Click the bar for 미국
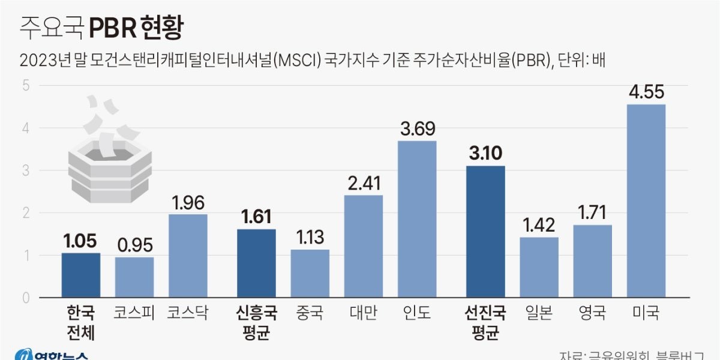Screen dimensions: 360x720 646,201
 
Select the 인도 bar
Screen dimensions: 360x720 417,219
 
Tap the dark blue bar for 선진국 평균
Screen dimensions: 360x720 486,232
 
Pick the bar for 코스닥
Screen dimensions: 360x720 188,256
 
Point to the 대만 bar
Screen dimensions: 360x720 364,246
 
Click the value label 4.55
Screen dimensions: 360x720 646,94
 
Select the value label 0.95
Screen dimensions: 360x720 134,245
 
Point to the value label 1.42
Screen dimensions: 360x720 539,226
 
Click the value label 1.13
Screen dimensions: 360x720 310,238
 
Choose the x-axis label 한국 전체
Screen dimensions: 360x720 81,323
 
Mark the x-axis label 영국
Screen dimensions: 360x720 592,313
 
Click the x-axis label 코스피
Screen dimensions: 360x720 134,313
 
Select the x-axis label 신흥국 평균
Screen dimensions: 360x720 257,323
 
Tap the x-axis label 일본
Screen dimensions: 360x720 539,313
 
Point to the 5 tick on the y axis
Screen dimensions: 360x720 26,85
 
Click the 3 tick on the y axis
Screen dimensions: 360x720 26,170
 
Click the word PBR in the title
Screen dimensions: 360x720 112,28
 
